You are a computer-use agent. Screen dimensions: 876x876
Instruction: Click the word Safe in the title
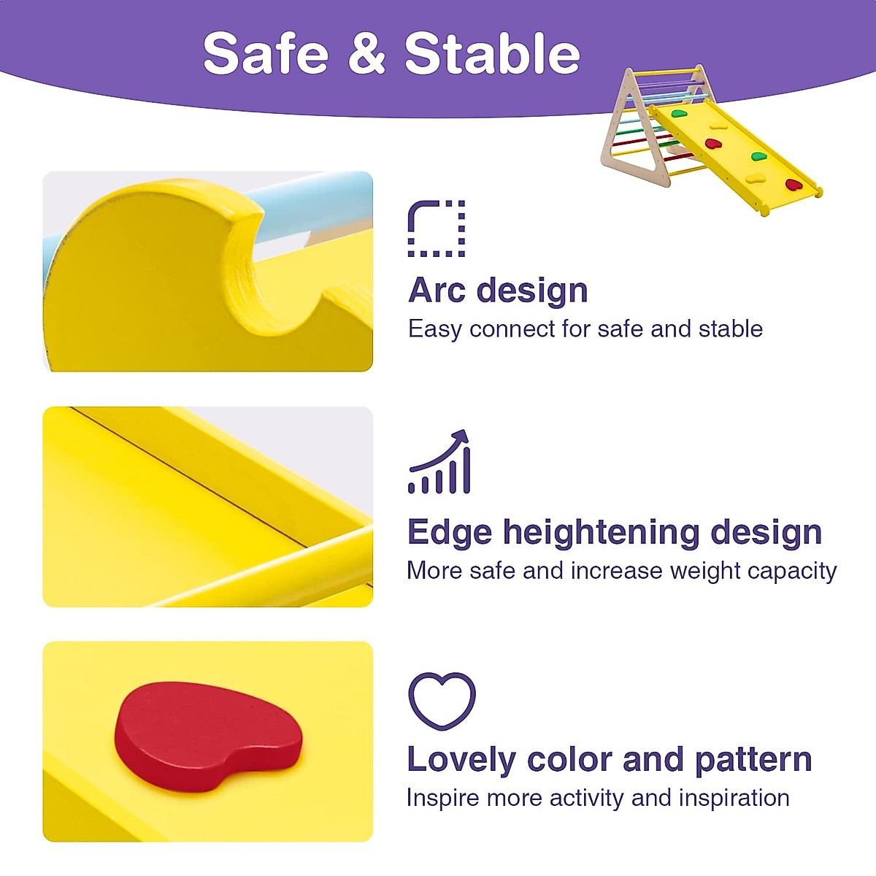[266, 54]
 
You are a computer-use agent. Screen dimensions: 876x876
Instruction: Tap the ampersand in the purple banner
[366, 54]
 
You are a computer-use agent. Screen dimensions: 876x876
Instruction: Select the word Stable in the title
[492, 54]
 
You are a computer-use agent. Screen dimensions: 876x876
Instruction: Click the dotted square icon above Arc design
[436, 228]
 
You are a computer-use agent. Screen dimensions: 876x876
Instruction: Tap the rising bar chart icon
[439, 463]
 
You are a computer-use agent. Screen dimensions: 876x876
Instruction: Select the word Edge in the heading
[449, 532]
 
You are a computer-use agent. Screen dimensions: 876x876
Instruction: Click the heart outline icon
[442, 701]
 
